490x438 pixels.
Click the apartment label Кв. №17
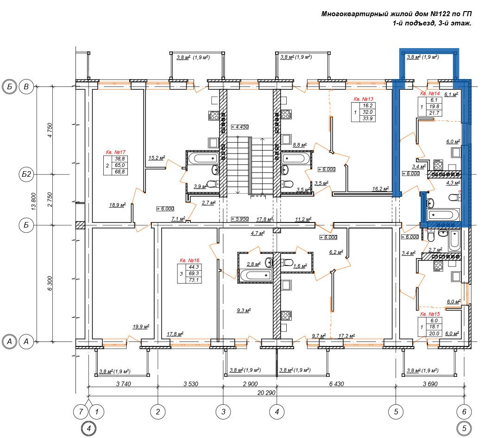click(x=116, y=152)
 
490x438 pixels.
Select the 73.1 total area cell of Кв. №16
click(x=194, y=280)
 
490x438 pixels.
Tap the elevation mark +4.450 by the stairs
click(x=240, y=127)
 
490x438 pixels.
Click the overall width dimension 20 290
click(x=266, y=393)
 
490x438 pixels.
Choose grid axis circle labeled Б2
click(x=26, y=174)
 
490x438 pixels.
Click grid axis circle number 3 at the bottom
click(x=223, y=412)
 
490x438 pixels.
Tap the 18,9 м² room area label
click(x=118, y=205)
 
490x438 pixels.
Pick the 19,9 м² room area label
click(x=141, y=327)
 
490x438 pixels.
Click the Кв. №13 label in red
click(x=364, y=99)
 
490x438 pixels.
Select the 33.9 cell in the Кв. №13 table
click(x=368, y=118)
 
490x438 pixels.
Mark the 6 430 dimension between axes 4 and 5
click(x=337, y=384)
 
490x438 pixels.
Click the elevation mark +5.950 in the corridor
click(x=240, y=219)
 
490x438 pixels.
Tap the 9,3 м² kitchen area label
click(x=244, y=311)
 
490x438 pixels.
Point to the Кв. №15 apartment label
click(x=430, y=314)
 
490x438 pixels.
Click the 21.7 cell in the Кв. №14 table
click(x=434, y=113)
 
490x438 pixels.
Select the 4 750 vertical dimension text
click(x=50, y=130)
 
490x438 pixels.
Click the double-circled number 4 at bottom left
click(x=89, y=428)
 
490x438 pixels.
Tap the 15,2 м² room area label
click(x=157, y=158)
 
